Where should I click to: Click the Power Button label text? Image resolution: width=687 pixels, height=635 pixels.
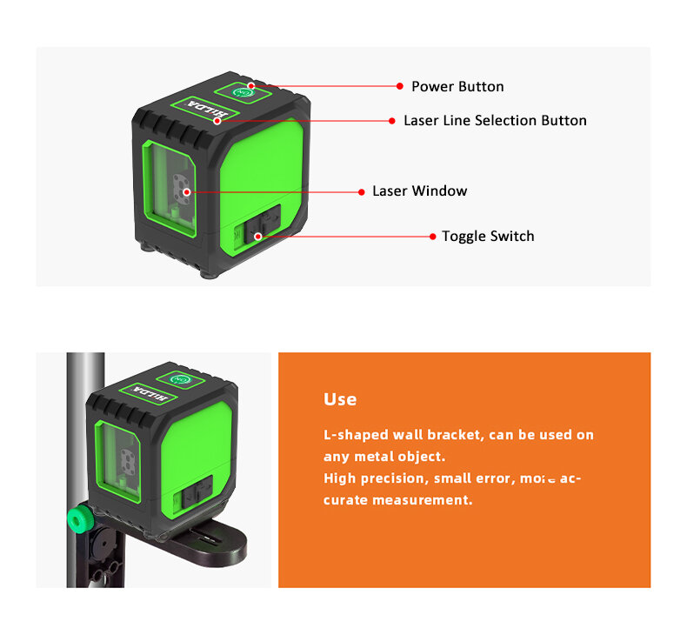(457, 86)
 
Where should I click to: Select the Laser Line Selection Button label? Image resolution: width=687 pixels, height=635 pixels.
(495, 120)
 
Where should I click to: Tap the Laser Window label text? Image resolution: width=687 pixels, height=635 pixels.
(419, 190)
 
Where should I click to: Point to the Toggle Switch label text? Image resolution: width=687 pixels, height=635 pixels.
(488, 236)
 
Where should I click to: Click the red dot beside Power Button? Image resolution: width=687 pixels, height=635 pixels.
(400, 86)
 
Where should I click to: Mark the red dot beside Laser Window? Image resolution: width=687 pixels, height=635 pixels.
(361, 190)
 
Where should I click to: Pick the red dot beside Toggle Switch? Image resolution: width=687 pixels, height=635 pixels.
(433, 236)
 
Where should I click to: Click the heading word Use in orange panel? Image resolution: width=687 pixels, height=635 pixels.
(340, 399)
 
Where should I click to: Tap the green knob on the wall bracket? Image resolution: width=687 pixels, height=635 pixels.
(81, 520)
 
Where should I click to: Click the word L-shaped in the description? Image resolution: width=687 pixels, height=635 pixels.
(355, 435)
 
